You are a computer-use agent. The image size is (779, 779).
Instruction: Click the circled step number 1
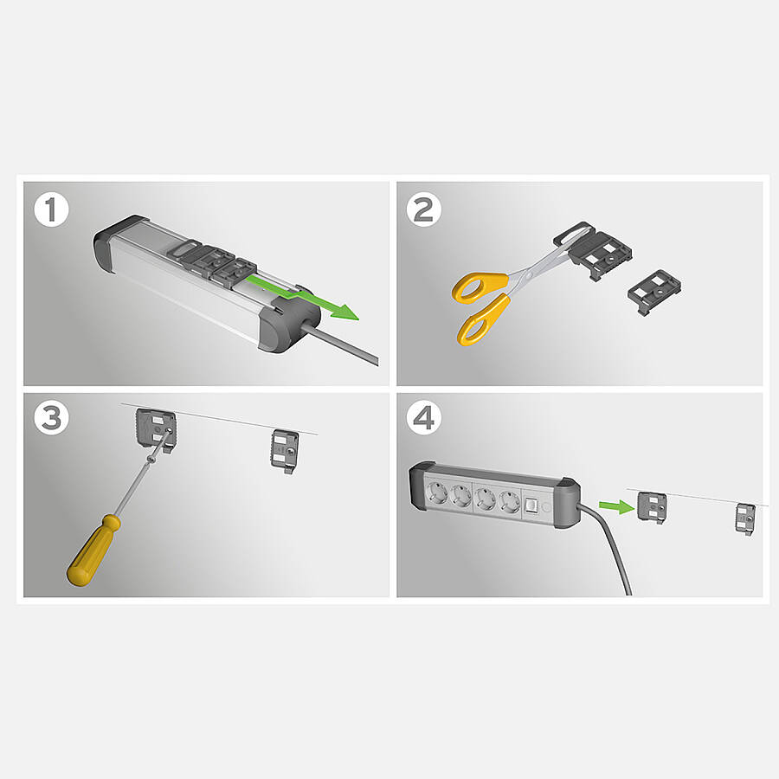coord(51,210)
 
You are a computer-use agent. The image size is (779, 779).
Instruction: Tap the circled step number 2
coord(424,210)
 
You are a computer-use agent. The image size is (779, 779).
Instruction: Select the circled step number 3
coord(51,418)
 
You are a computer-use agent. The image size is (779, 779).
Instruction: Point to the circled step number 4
coord(424,418)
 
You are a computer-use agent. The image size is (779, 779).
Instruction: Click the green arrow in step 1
coord(303,297)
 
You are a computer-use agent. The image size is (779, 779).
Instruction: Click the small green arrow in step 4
coord(616,506)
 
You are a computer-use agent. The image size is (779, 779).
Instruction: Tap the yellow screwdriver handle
coord(93,550)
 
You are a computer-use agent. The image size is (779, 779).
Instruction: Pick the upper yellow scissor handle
coord(479,287)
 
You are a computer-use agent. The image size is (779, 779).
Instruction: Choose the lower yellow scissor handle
coord(483,319)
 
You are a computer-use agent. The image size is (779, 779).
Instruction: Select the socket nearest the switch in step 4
coord(509,499)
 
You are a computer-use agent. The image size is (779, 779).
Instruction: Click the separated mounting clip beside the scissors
coord(653,292)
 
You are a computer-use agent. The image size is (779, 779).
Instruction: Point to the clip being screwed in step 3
coord(156,428)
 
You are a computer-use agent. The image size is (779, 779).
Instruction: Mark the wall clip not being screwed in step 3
coord(285,451)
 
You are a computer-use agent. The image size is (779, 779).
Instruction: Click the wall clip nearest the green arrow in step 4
coord(652,507)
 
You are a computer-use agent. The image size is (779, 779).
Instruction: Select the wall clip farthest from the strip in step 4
coord(745,519)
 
